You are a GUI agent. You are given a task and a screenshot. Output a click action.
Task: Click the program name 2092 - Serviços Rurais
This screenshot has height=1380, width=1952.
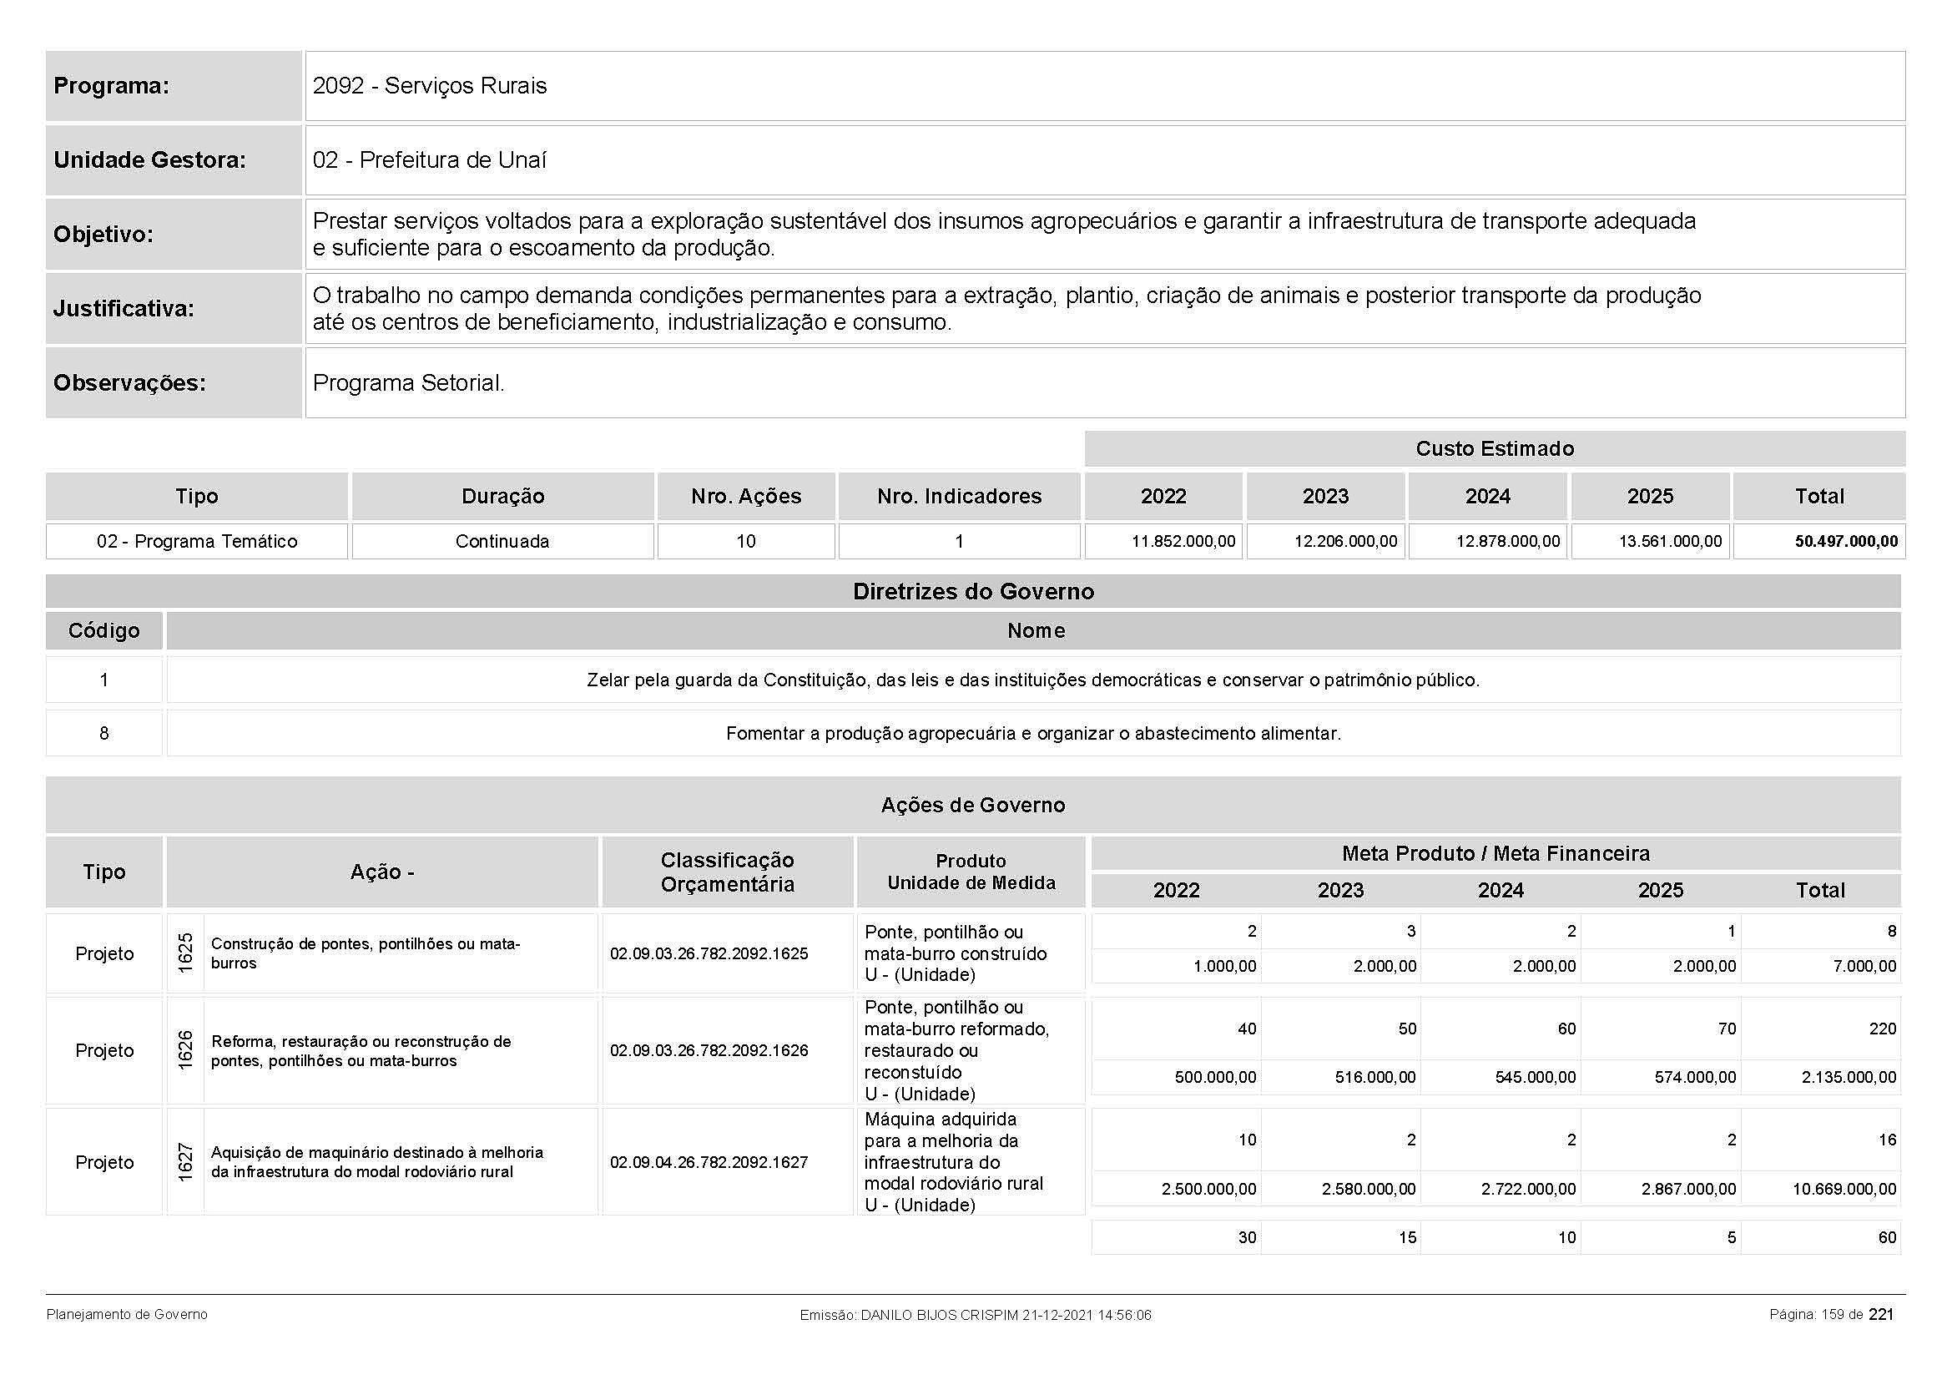click(429, 86)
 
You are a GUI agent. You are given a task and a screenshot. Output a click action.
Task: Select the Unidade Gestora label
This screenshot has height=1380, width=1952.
click(149, 159)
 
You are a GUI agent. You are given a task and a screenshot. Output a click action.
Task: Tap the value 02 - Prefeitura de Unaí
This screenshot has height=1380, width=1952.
click(429, 159)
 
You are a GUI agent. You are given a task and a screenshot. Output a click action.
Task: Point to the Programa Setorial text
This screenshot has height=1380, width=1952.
click(408, 382)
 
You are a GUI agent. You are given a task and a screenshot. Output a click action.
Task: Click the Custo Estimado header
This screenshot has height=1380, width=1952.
click(1494, 449)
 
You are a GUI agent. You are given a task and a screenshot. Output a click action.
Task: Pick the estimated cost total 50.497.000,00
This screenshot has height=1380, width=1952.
click(1846, 542)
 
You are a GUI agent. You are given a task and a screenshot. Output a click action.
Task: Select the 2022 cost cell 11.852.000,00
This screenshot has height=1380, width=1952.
click(1183, 542)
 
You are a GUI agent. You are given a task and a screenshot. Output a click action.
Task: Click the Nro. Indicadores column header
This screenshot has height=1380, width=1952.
click(959, 497)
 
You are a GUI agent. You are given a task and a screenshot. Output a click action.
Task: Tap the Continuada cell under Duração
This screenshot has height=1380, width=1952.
click(502, 542)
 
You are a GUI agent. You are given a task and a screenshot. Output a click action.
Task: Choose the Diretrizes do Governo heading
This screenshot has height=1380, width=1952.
click(972, 592)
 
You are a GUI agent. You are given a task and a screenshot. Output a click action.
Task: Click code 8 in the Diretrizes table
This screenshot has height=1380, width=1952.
click(103, 733)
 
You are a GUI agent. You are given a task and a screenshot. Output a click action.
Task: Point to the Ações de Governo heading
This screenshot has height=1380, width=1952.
click(972, 806)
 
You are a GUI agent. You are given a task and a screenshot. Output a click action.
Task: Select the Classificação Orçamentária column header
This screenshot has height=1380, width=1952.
click(727, 872)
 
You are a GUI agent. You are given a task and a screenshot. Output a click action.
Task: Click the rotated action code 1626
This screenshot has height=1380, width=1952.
click(185, 1050)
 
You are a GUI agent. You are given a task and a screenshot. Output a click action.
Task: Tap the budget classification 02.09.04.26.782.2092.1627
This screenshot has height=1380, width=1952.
click(709, 1162)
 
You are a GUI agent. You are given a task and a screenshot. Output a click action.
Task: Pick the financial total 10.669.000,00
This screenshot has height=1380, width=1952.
click(1844, 1189)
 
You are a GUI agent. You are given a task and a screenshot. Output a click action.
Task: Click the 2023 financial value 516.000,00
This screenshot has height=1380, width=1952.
click(1374, 1077)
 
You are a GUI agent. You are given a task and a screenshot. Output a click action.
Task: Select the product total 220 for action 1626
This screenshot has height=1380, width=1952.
click(1881, 1029)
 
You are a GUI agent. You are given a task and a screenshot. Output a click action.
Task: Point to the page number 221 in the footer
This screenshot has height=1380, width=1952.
click(1881, 1315)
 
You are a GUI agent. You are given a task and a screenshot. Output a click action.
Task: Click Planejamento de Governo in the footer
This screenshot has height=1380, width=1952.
click(127, 1315)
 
